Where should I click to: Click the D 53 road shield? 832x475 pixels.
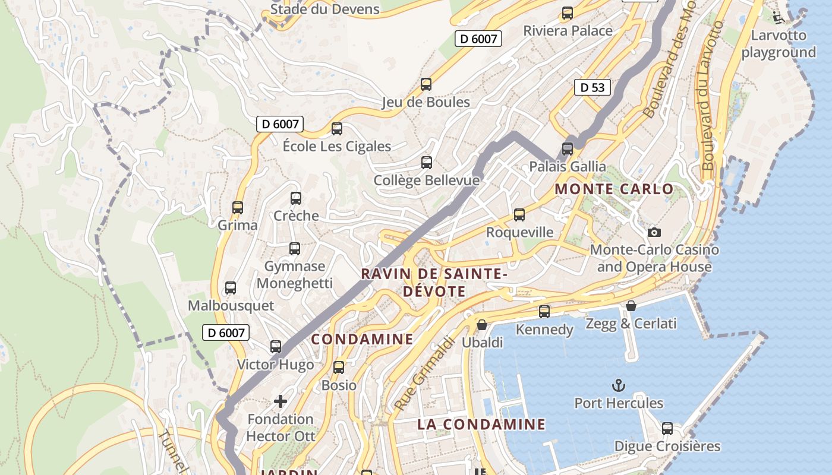tap(593, 87)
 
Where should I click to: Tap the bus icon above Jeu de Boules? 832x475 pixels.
tap(426, 84)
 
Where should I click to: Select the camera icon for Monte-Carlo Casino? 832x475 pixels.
tap(654, 232)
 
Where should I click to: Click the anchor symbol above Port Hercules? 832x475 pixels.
tap(619, 385)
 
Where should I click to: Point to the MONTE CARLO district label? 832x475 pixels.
tap(614, 189)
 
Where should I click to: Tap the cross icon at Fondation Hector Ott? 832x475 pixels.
tap(281, 401)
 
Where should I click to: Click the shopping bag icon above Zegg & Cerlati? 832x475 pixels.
tap(631, 306)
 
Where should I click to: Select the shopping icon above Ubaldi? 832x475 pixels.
tap(482, 325)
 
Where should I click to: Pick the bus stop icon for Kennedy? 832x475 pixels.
tap(544, 311)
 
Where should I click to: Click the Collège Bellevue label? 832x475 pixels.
tap(426, 180)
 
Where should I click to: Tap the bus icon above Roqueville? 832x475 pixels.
tap(519, 214)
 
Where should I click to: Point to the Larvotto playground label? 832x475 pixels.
tap(779, 43)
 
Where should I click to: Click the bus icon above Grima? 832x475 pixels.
tap(238, 208)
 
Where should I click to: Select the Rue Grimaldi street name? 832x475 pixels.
tap(424, 373)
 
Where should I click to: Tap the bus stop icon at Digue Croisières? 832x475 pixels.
tap(667, 428)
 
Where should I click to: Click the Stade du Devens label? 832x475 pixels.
tap(324, 9)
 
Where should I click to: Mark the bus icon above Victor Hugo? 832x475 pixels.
tap(276, 347)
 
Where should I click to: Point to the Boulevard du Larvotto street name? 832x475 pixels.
tap(710, 96)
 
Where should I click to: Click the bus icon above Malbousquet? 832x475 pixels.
tap(231, 288)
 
